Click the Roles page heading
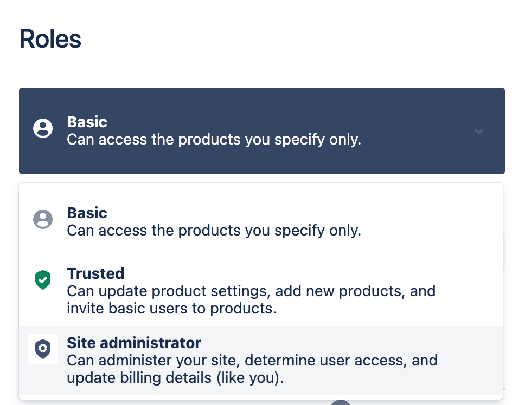pos(50,39)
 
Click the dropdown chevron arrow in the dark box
pos(479,132)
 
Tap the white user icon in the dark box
pos(43,128)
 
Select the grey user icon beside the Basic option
pos(43,219)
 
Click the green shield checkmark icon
pos(43,280)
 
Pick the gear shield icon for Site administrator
pos(43,349)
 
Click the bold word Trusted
pos(95,273)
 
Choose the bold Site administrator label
pos(134,343)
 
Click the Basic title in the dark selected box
pos(87,122)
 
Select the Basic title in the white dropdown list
pos(87,213)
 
